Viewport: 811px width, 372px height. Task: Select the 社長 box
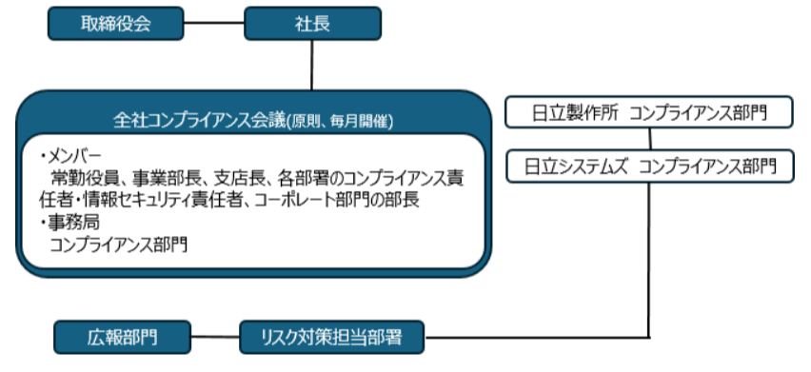click(313, 24)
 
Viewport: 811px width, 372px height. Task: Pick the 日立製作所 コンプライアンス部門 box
click(650, 113)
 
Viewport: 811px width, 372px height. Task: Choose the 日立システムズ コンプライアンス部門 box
click(650, 166)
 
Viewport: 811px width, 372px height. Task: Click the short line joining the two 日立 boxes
click(650, 139)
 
